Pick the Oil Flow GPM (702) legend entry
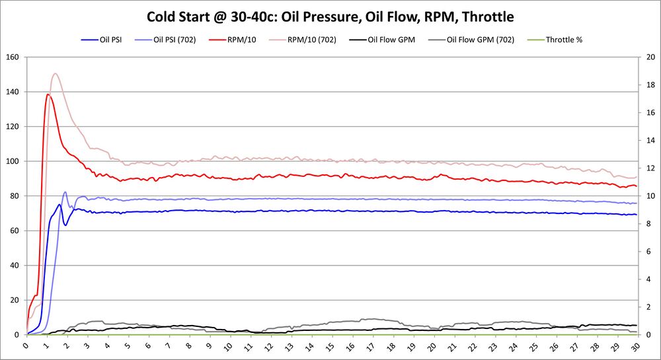click(x=479, y=40)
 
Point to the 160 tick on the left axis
click(x=11, y=57)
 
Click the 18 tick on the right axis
click(x=650, y=85)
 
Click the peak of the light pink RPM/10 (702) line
click(x=55, y=73)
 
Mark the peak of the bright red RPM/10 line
click(x=48, y=94)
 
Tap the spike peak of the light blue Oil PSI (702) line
click(x=65, y=192)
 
